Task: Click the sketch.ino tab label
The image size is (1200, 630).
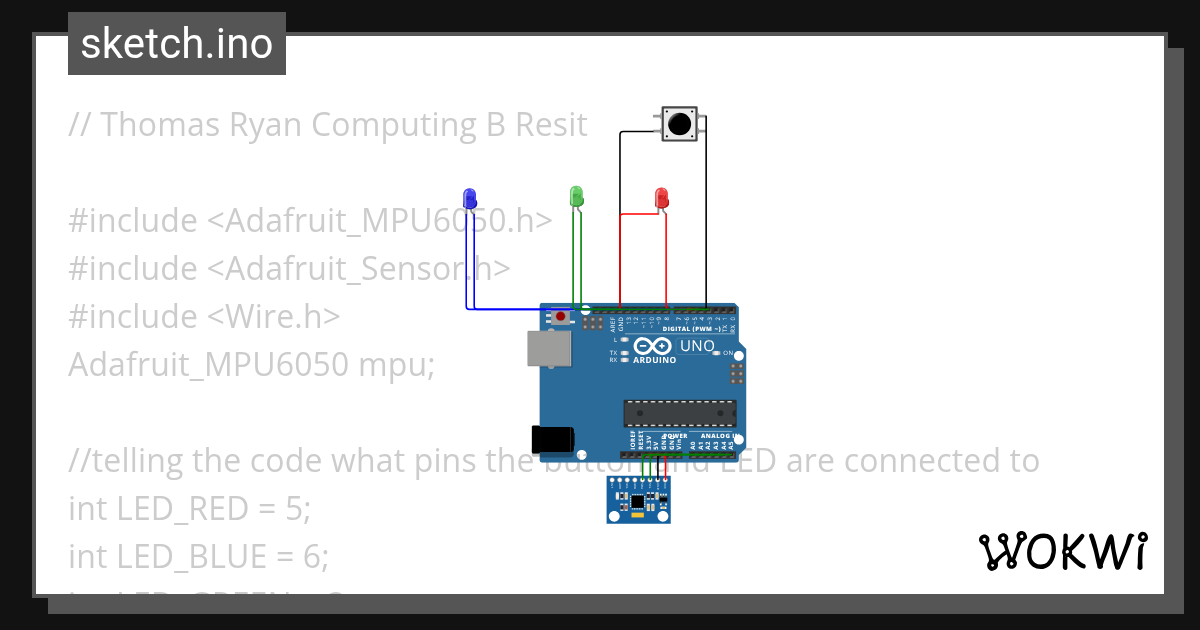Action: (x=177, y=44)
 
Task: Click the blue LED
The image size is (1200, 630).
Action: (x=469, y=197)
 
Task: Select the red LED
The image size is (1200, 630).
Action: (x=661, y=197)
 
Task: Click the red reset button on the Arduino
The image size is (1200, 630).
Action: (x=561, y=317)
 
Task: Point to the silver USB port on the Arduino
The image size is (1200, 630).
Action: (x=549, y=349)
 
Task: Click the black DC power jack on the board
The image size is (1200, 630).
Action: (x=552, y=439)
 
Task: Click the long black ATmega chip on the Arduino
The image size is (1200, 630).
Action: (x=680, y=412)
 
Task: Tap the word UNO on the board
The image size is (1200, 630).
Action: (x=697, y=346)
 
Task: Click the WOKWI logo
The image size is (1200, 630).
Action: (x=1062, y=551)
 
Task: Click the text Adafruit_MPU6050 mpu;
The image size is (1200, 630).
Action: (x=251, y=365)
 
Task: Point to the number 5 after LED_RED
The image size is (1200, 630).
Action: (x=293, y=509)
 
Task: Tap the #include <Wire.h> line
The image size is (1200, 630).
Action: (x=204, y=317)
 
